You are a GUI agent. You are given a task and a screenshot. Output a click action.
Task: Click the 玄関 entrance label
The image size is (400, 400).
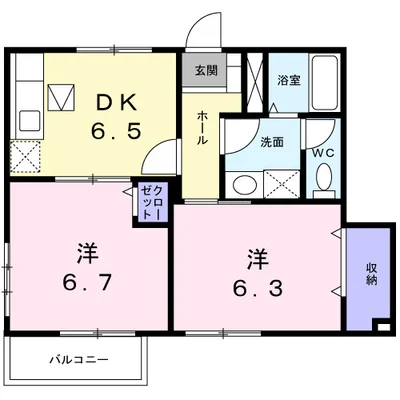[x=205, y=71]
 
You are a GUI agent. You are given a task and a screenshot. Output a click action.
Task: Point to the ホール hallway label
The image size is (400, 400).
[x=204, y=128]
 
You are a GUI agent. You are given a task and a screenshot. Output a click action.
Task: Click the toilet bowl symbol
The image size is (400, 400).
[x=321, y=177]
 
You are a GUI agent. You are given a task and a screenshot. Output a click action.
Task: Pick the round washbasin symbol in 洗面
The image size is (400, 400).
[x=241, y=183]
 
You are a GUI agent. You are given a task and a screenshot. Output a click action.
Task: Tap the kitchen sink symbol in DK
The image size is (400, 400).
[x=63, y=99]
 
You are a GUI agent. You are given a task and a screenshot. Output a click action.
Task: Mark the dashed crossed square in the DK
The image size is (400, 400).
[x=26, y=156]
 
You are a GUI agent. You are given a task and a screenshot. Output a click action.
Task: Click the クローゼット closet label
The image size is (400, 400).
[x=148, y=202]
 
